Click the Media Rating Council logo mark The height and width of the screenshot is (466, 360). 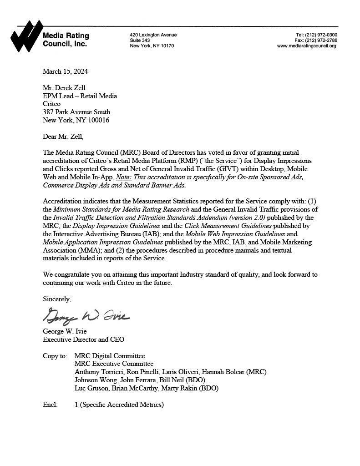(26, 36)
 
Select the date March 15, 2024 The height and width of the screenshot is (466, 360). (65, 71)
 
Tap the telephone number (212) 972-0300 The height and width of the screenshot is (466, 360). (322, 35)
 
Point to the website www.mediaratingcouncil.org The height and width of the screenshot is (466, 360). (306, 46)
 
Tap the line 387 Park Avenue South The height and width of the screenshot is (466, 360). (76, 112)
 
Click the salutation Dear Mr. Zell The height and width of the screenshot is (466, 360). (63, 136)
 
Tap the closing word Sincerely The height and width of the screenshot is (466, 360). (57, 299)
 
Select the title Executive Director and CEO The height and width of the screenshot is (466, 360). (83, 339)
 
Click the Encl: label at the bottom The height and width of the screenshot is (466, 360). (50, 405)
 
